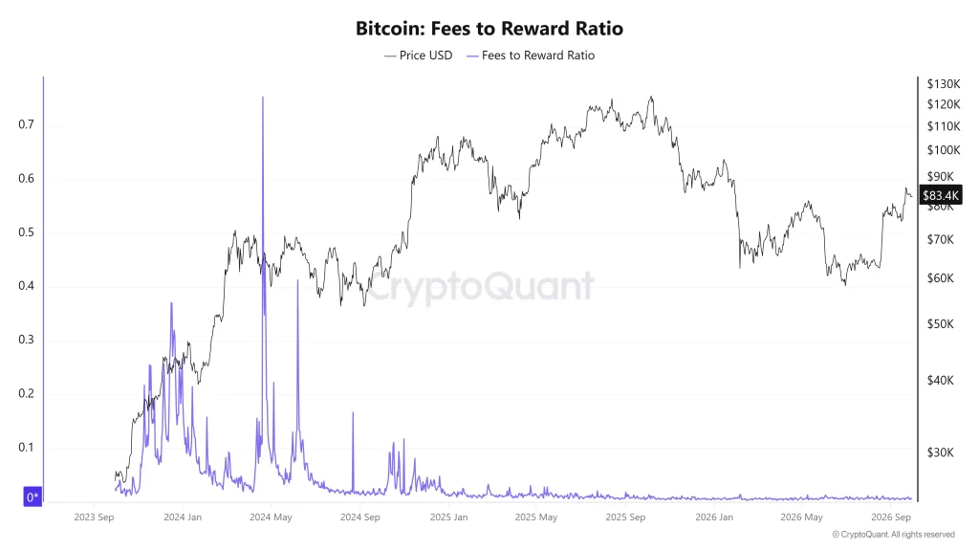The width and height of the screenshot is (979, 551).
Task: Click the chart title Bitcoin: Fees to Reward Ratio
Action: coord(489,29)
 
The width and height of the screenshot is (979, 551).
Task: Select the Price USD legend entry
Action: coord(419,55)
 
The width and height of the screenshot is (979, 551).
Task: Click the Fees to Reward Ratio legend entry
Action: coord(531,55)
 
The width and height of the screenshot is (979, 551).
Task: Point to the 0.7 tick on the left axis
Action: coord(26,124)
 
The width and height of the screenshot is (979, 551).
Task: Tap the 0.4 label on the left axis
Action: coord(26,286)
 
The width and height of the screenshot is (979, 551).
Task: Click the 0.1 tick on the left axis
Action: coord(26,448)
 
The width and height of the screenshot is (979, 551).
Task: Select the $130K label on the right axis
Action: coord(944,84)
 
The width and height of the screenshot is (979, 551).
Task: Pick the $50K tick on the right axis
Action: coord(941,324)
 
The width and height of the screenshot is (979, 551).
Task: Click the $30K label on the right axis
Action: coord(941,452)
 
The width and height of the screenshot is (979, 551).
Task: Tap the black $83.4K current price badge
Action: coord(941,195)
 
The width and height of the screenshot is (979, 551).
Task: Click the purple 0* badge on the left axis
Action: coord(33,497)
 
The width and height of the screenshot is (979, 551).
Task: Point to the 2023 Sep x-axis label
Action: coord(94,518)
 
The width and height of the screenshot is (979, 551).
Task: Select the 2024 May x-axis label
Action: coord(271,518)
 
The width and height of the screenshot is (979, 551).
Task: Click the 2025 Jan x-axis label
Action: coord(449,518)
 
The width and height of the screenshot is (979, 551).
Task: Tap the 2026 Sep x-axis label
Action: coord(891,518)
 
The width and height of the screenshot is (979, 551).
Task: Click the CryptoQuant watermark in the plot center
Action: coord(480,287)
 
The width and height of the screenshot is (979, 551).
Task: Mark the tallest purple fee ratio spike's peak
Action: coord(263,97)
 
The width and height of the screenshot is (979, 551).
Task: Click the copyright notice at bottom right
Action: coord(894,535)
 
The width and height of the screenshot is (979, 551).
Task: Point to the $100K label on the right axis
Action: coord(944,150)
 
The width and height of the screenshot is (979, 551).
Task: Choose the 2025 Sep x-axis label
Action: coord(625,518)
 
